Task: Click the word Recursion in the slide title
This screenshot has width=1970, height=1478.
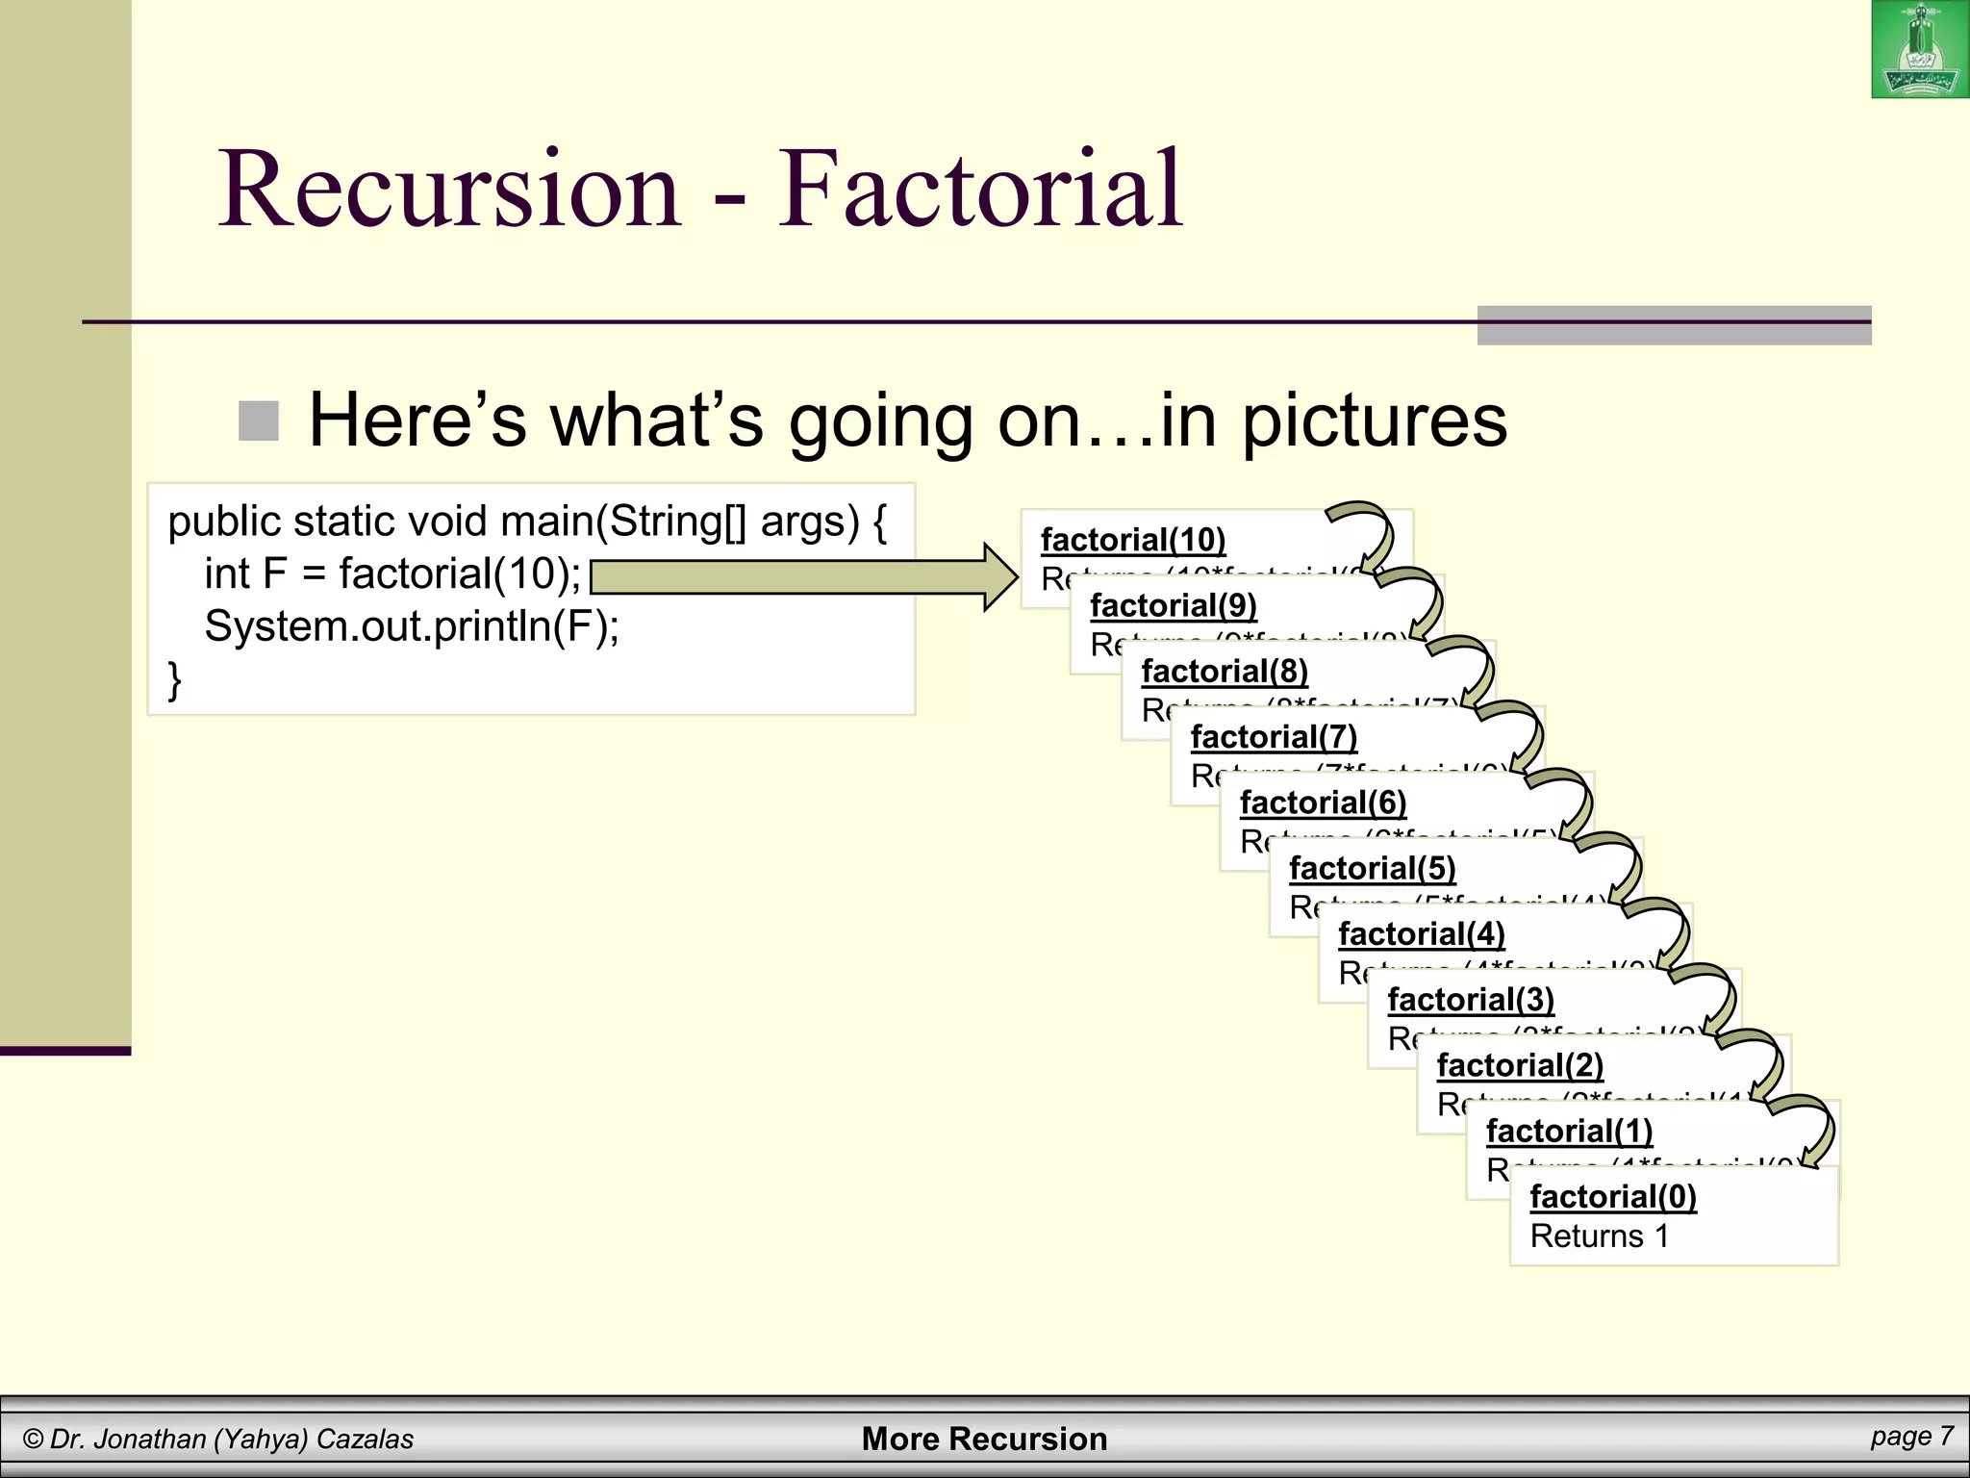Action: pyautogui.click(x=450, y=189)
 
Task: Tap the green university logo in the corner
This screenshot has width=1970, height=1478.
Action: pyautogui.click(x=1919, y=50)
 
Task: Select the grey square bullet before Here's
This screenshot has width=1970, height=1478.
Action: pyautogui.click(x=258, y=421)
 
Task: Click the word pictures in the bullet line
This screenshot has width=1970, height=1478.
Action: pyautogui.click(x=1374, y=421)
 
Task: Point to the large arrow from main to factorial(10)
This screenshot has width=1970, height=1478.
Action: pyautogui.click(x=804, y=577)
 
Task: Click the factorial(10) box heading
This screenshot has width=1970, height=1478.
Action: pyautogui.click(x=1132, y=540)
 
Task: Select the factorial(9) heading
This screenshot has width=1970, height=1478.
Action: pyautogui.click(x=1173, y=605)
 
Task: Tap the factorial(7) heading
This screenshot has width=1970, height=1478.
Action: pyautogui.click(x=1273, y=737)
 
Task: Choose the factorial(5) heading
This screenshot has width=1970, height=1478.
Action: pyautogui.click(x=1372, y=868)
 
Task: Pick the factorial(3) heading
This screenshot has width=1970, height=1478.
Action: pyautogui.click(x=1470, y=1000)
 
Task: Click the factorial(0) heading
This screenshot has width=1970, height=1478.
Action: pyautogui.click(x=1612, y=1196)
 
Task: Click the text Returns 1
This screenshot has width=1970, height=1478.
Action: pyautogui.click(x=1599, y=1236)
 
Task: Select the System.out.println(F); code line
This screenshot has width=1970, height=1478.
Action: pyautogui.click(x=412, y=626)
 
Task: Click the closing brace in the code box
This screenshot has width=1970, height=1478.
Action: pyautogui.click(x=174, y=679)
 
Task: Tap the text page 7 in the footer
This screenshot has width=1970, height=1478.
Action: pyautogui.click(x=1911, y=1437)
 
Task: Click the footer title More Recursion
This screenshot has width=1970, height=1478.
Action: pyautogui.click(x=984, y=1439)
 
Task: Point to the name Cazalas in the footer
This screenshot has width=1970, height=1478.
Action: pyautogui.click(x=365, y=1440)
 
